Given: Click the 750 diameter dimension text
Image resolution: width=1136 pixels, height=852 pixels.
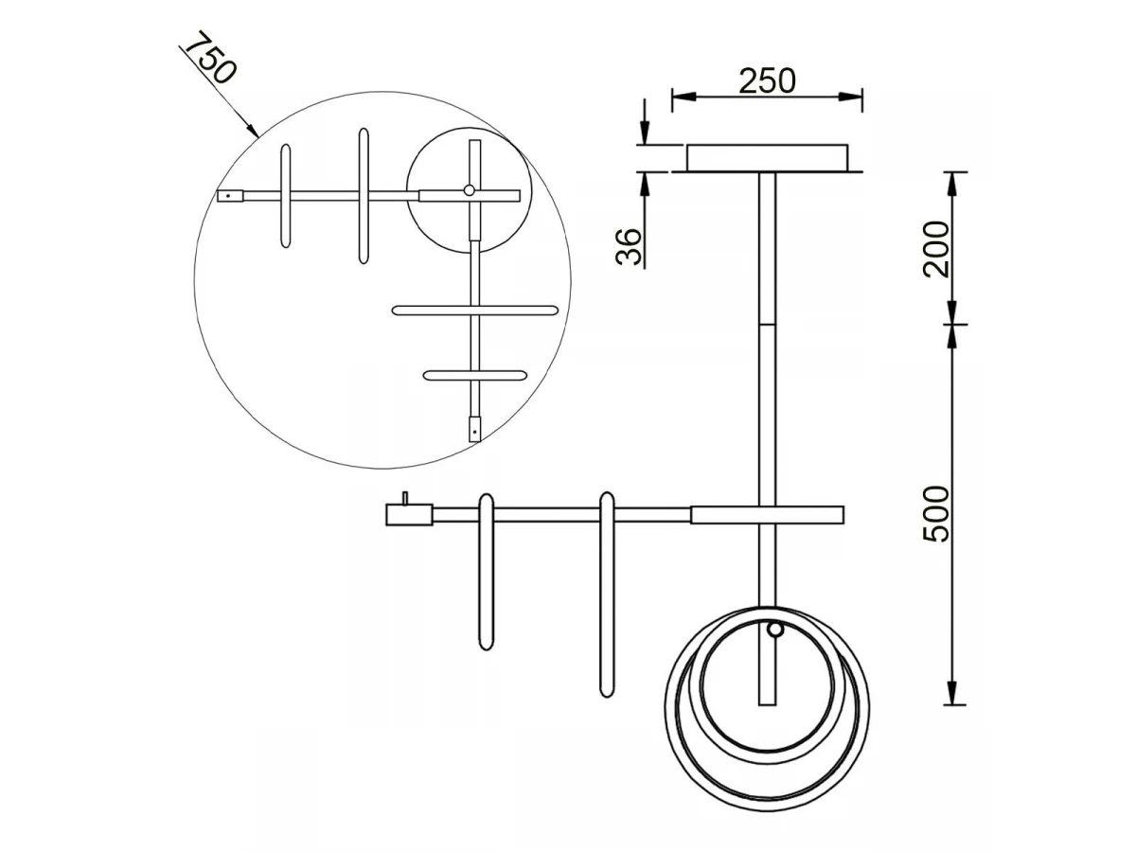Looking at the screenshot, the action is point(209,58).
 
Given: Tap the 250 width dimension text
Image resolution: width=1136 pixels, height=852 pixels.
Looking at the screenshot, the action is point(767,81).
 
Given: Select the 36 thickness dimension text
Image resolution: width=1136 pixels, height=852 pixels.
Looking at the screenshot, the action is point(630,246).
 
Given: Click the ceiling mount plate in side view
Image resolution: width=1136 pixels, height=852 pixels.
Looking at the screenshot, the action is point(767,158).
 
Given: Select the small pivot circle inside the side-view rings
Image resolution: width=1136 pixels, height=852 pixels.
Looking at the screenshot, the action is point(774,630).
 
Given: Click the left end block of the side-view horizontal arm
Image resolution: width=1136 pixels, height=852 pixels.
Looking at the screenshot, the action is point(409,515).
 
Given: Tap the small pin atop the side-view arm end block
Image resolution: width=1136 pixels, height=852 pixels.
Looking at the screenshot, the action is point(405,498).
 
